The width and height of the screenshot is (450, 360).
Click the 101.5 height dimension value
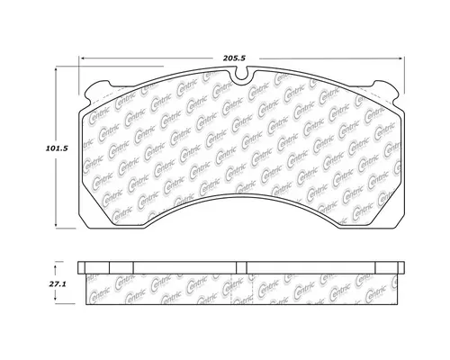click(x=33, y=150)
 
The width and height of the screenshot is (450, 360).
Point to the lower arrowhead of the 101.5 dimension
click(x=61, y=228)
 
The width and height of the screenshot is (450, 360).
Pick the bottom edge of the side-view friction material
click(x=244, y=305)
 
